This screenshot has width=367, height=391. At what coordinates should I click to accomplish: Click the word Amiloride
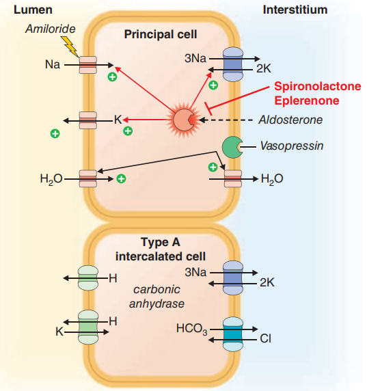coord(51,29)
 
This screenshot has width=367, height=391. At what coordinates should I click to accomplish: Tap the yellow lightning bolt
coord(70,46)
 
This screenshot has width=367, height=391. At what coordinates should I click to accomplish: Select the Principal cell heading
coord(161,34)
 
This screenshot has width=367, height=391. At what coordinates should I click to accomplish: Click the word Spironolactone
coord(318,86)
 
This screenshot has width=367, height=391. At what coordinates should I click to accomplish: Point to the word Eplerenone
coord(307,100)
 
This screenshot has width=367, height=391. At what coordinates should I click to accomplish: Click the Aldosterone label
coord(290,120)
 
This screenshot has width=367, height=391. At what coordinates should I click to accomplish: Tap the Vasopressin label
coord(292,146)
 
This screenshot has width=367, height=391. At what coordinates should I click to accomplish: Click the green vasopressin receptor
coord(232,147)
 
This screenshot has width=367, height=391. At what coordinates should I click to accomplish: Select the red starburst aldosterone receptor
coord(184,120)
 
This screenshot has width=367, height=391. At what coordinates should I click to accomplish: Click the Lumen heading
coord(33,10)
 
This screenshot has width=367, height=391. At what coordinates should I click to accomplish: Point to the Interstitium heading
coord(295,10)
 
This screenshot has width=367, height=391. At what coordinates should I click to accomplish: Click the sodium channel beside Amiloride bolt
coord(88,65)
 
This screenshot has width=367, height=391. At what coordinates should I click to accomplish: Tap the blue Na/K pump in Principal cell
coord(232,64)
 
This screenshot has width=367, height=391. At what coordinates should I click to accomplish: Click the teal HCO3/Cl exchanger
coord(232,334)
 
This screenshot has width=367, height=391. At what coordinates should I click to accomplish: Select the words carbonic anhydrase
coord(157,297)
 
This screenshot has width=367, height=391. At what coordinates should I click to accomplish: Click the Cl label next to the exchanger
coord(265,338)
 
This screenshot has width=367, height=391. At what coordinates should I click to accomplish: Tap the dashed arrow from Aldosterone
coord(226,120)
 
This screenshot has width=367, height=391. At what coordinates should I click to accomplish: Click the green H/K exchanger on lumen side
coord(88,327)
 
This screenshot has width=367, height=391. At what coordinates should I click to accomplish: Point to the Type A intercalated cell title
coord(161,250)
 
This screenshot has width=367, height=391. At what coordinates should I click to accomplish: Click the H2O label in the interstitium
coord(272,179)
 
